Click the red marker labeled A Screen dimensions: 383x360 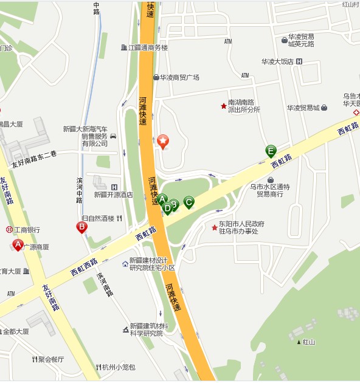[18, 245]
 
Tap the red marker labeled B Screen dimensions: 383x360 [81, 227]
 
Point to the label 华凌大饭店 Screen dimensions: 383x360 [278, 61]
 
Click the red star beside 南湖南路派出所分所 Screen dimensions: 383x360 [223, 106]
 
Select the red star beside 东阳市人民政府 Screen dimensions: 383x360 [214, 228]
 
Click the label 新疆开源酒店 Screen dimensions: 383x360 [113, 195]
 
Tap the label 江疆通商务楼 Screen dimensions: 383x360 [148, 47]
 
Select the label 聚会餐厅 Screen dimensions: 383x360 [50, 359]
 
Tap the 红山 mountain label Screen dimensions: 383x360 [309, 342]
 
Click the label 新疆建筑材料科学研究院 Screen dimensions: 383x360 [149, 330]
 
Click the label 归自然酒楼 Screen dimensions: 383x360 [97, 218]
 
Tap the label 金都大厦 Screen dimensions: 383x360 [16, 331]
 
